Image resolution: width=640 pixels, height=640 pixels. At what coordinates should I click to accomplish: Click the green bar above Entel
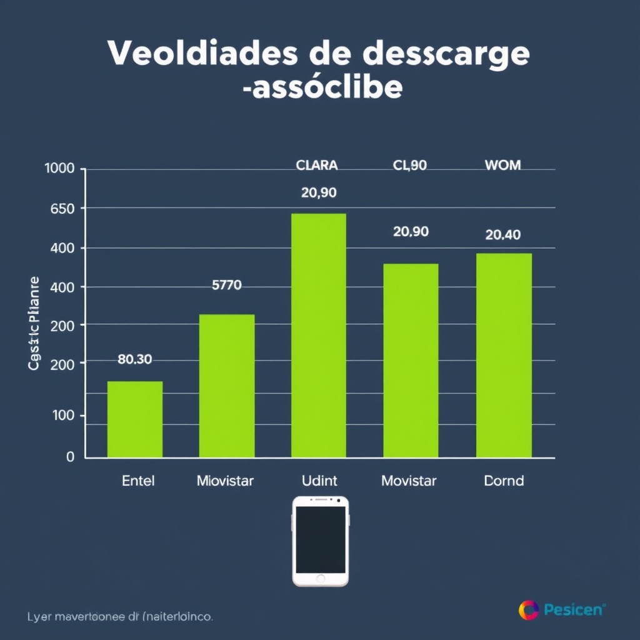[x=135, y=419]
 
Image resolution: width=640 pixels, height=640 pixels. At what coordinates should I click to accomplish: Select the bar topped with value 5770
[x=227, y=385]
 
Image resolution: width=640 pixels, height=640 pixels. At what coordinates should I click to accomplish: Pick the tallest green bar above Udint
[x=319, y=335]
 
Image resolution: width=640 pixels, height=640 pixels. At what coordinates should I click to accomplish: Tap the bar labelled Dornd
[x=504, y=355]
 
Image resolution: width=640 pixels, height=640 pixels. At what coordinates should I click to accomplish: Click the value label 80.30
[x=135, y=359]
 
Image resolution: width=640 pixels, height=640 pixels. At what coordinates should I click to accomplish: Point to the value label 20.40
[x=503, y=235]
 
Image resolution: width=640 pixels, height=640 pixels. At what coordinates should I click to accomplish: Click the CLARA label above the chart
[x=317, y=166]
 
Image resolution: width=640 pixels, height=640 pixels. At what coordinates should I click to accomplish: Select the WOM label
[x=502, y=166]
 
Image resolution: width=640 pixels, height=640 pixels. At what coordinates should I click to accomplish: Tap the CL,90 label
[x=410, y=166]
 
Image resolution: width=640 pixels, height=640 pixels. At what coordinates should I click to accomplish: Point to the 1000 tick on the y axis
[x=60, y=169]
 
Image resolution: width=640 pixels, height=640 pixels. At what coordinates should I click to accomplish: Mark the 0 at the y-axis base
[x=70, y=457]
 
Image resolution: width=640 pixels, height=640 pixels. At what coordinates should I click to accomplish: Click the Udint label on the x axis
[x=319, y=481]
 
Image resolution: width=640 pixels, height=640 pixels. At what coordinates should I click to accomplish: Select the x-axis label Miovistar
[x=225, y=481]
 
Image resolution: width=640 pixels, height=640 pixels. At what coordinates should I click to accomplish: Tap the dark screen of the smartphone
[x=320, y=539]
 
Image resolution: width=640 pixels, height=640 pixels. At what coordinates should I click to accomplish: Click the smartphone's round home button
[x=320, y=578]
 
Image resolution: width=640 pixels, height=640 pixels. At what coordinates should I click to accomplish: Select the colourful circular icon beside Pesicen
[x=528, y=609]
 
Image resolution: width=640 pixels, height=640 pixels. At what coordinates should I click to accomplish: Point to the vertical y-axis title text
[x=34, y=323]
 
